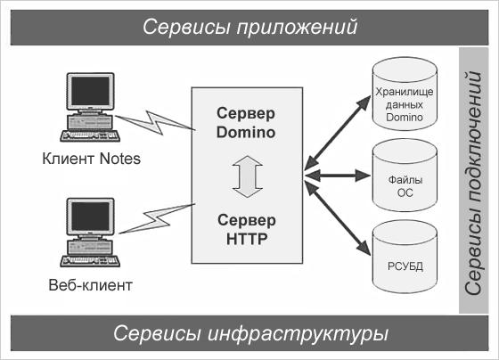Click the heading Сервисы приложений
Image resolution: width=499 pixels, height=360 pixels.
(x=250, y=27)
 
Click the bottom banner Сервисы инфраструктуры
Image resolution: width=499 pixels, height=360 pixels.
(x=250, y=333)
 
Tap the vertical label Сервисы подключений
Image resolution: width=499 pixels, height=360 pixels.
(x=473, y=183)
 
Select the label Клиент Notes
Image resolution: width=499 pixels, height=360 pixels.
(x=91, y=159)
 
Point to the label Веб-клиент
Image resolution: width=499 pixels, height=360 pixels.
(x=90, y=285)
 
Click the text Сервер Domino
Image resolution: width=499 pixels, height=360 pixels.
(x=246, y=123)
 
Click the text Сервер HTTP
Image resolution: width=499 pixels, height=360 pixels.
(x=247, y=230)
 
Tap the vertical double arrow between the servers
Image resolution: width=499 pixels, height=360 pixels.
(x=248, y=176)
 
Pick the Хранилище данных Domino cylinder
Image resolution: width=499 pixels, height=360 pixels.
(x=405, y=94)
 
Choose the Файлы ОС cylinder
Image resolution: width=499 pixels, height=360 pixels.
(x=405, y=176)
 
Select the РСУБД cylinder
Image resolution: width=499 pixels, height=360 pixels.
(x=405, y=257)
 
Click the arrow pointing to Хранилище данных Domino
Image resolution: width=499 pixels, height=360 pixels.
(x=338, y=133)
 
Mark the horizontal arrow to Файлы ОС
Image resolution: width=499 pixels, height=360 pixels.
(x=338, y=176)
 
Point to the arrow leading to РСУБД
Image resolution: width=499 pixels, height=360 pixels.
(x=338, y=218)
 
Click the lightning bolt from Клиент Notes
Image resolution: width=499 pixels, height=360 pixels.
(x=155, y=123)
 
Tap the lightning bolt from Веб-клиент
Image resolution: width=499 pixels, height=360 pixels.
(x=157, y=218)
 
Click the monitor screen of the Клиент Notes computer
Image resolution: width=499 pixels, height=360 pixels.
(x=90, y=91)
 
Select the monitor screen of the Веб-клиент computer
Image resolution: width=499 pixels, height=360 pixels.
(x=90, y=217)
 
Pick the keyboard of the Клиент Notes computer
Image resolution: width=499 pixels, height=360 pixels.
(x=90, y=136)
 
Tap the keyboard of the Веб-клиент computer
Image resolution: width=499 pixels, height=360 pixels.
(x=90, y=261)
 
